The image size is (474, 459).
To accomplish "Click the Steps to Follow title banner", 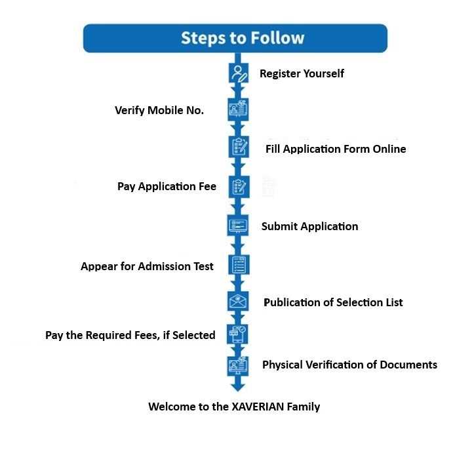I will click(x=235, y=38).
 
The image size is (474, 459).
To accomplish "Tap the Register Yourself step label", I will click(x=302, y=73).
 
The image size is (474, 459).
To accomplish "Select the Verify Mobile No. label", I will click(x=159, y=110).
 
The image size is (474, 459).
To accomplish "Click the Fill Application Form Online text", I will click(x=336, y=149).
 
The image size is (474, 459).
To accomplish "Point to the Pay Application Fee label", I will click(x=167, y=187).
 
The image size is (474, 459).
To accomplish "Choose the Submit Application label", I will click(x=309, y=226).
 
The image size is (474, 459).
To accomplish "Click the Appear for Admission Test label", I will click(x=147, y=266).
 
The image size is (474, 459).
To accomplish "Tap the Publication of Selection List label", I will click(x=333, y=302).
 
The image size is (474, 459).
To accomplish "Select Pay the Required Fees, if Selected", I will click(x=130, y=335).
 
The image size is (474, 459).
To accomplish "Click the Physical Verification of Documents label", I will click(x=349, y=365).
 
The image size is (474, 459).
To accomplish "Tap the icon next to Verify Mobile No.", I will click(x=237, y=110).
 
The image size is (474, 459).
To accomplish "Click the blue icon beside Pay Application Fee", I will click(x=237, y=187).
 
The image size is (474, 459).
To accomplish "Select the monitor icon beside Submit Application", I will click(x=237, y=226).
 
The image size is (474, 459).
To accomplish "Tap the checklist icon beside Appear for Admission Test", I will click(x=237, y=265).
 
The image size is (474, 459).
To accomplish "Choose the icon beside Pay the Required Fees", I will click(x=237, y=334).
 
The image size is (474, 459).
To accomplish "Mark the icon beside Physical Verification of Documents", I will click(x=237, y=365).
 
